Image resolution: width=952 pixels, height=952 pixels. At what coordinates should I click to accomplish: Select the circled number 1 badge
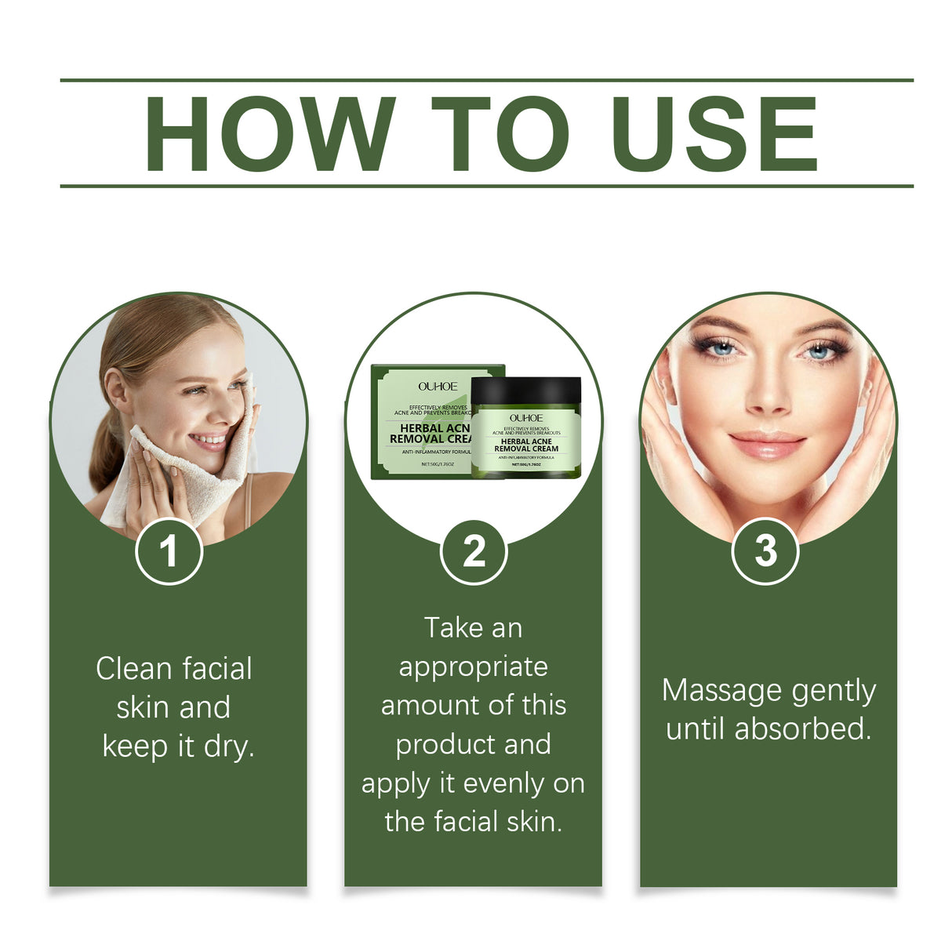(x=169, y=551)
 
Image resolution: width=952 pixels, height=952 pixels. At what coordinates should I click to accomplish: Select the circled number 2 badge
(x=474, y=551)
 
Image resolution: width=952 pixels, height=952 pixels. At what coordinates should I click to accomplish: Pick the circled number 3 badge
(x=765, y=551)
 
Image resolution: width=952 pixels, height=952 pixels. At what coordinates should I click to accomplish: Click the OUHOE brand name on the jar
(x=525, y=418)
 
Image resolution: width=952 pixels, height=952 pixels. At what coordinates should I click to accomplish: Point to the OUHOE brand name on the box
(x=438, y=387)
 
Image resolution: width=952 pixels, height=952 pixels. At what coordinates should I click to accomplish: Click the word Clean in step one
(x=133, y=669)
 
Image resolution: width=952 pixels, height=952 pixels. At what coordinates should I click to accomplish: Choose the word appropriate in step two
(x=473, y=668)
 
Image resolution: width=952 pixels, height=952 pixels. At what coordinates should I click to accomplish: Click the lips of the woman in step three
(x=766, y=443)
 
